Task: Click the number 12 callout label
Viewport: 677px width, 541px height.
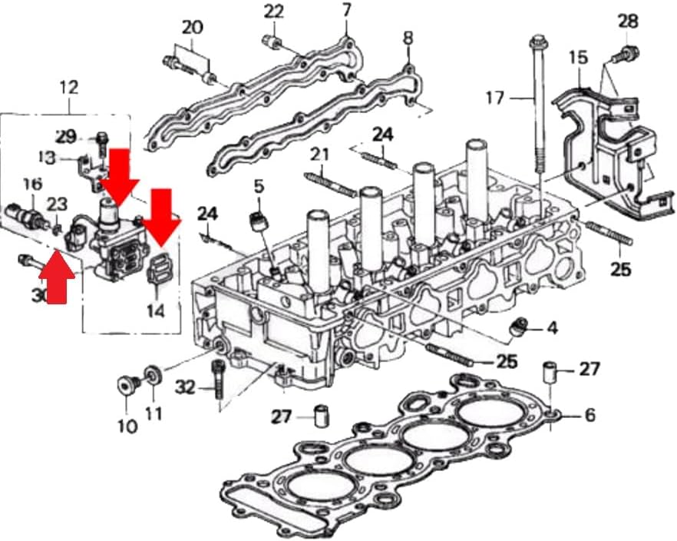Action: coord(68,87)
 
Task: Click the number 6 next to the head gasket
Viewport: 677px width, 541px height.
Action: coord(590,415)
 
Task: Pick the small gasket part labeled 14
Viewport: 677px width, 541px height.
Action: coord(157,270)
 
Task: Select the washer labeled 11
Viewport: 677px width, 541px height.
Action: coord(154,376)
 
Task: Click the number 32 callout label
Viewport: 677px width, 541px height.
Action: coord(185,387)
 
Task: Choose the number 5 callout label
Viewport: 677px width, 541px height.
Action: coord(259,185)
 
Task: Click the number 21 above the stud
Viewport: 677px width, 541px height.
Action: coord(319,154)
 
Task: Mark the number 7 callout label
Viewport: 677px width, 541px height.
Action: coord(346,11)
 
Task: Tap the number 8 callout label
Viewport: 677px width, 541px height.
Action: coord(408,37)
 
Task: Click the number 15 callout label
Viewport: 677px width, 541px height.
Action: coord(578,57)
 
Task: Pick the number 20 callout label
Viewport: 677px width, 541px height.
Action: coord(192,27)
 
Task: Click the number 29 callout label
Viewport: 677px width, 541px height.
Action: coord(67,137)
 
